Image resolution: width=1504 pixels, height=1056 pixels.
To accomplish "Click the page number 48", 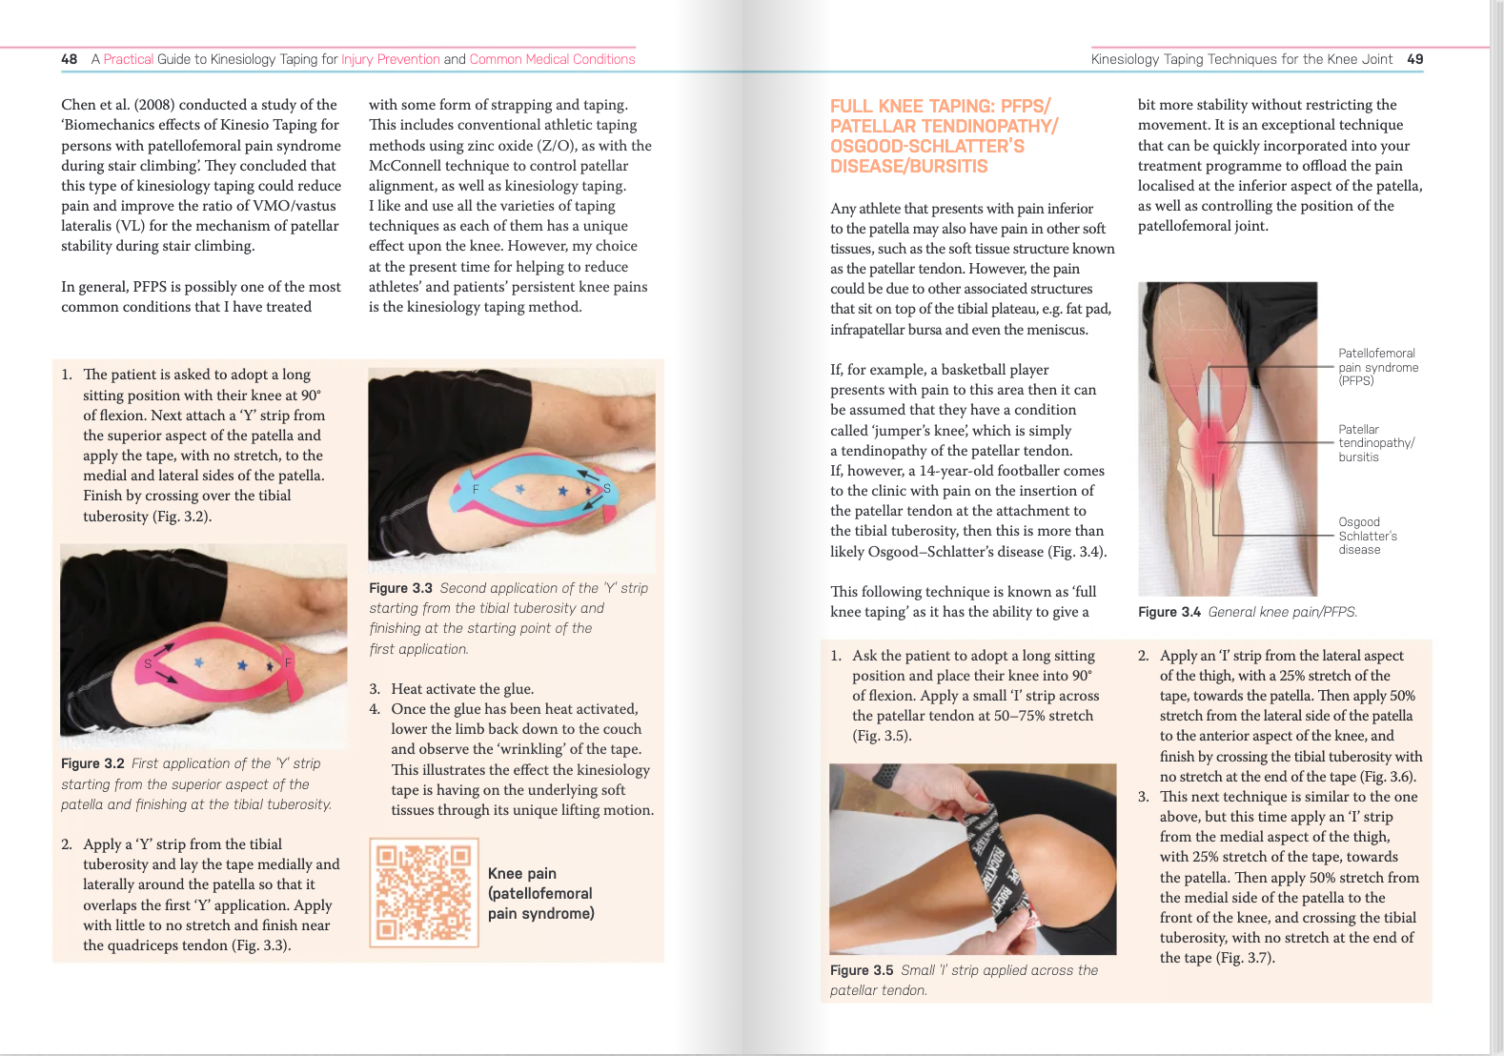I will [x=69, y=59].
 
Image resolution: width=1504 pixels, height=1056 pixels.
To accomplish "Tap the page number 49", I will [x=1414, y=59].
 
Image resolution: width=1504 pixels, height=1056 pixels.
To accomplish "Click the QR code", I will [x=423, y=892].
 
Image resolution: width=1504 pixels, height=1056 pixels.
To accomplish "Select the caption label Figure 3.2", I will [x=92, y=763].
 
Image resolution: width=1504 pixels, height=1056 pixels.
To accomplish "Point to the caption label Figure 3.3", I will [x=400, y=588].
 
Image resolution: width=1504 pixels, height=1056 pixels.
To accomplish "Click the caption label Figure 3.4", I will [x=1169, y=612].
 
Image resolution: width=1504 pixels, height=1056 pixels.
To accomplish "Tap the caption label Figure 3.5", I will [x=861, y=970].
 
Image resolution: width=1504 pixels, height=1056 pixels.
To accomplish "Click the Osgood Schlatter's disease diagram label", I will [x=1367, y=536].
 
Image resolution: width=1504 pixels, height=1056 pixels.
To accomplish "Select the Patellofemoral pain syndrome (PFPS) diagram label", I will [x=1377, y=367].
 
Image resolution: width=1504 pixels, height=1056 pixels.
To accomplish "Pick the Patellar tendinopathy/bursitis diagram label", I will [x=1375, y=443].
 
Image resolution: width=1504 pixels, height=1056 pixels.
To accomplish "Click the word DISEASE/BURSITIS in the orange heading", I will [x=908, y=167].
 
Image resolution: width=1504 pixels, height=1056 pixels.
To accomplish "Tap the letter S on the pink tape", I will [x=149, y=663].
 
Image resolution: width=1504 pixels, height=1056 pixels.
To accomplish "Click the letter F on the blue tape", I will [x=476, y=489].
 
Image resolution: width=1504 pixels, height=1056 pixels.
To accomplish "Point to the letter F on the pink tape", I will [x=288, y=662].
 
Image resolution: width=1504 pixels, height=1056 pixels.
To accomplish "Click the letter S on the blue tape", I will [x=606, y=489].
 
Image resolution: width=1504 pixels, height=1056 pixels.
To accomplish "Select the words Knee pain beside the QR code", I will [x=521, y=873].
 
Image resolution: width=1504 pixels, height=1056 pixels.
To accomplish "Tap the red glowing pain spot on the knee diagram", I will [x=1211, y=443].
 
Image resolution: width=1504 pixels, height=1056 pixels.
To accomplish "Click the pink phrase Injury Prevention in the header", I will [x=391, y=59].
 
